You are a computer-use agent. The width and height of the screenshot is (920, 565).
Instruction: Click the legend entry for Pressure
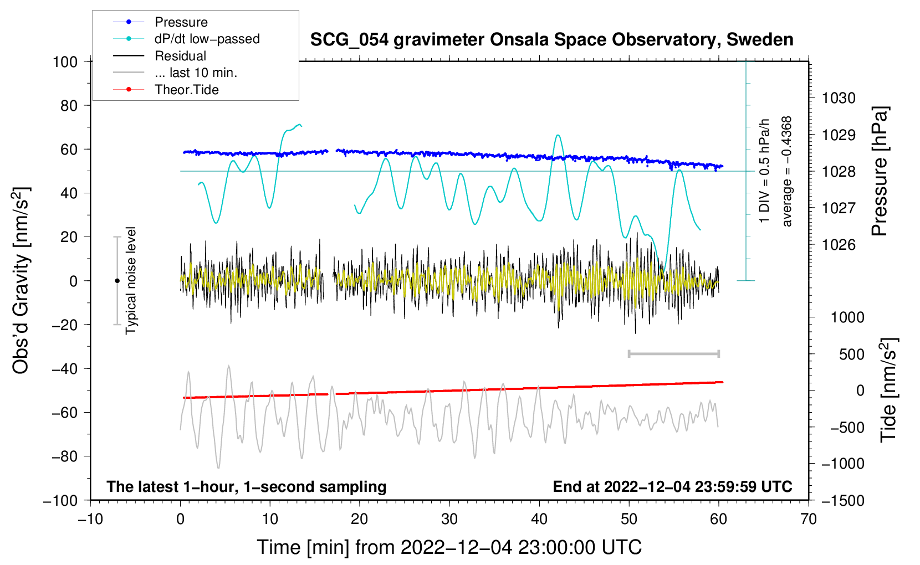point(181,22)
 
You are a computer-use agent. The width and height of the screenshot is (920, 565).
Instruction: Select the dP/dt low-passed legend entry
point(207,39)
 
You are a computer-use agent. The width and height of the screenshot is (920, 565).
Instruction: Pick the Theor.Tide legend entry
point(186,90)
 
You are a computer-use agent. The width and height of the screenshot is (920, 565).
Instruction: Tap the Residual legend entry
point(180,56)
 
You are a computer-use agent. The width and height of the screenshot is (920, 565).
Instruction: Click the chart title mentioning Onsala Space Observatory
point(551,40)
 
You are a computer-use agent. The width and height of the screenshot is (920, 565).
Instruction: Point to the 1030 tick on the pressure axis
point(839,98)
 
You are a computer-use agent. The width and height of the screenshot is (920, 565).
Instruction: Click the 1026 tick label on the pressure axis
point(839,245)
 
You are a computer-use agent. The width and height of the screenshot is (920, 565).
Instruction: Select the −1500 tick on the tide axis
point(843,500)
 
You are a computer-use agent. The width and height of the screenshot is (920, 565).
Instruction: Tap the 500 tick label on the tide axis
point(852,354)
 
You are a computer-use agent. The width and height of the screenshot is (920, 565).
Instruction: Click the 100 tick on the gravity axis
point(65,61)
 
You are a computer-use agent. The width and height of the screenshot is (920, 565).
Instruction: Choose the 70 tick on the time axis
point(809,519)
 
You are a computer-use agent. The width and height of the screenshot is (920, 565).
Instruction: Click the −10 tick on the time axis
point(90,519)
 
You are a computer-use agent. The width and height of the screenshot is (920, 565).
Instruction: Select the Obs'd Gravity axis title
point(21,280)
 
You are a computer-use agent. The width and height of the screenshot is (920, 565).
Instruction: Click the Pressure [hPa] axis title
point(880,171)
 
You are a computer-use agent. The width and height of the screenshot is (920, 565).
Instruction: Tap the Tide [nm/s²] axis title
point(888,390)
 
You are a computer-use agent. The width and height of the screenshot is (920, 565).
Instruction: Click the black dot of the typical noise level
point(117,281)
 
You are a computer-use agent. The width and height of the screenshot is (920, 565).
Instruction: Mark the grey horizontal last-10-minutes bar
point(673,353)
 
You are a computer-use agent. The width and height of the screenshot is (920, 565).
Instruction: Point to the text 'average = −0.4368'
point(787,171)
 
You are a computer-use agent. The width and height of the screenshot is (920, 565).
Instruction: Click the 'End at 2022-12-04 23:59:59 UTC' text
point(672,486)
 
